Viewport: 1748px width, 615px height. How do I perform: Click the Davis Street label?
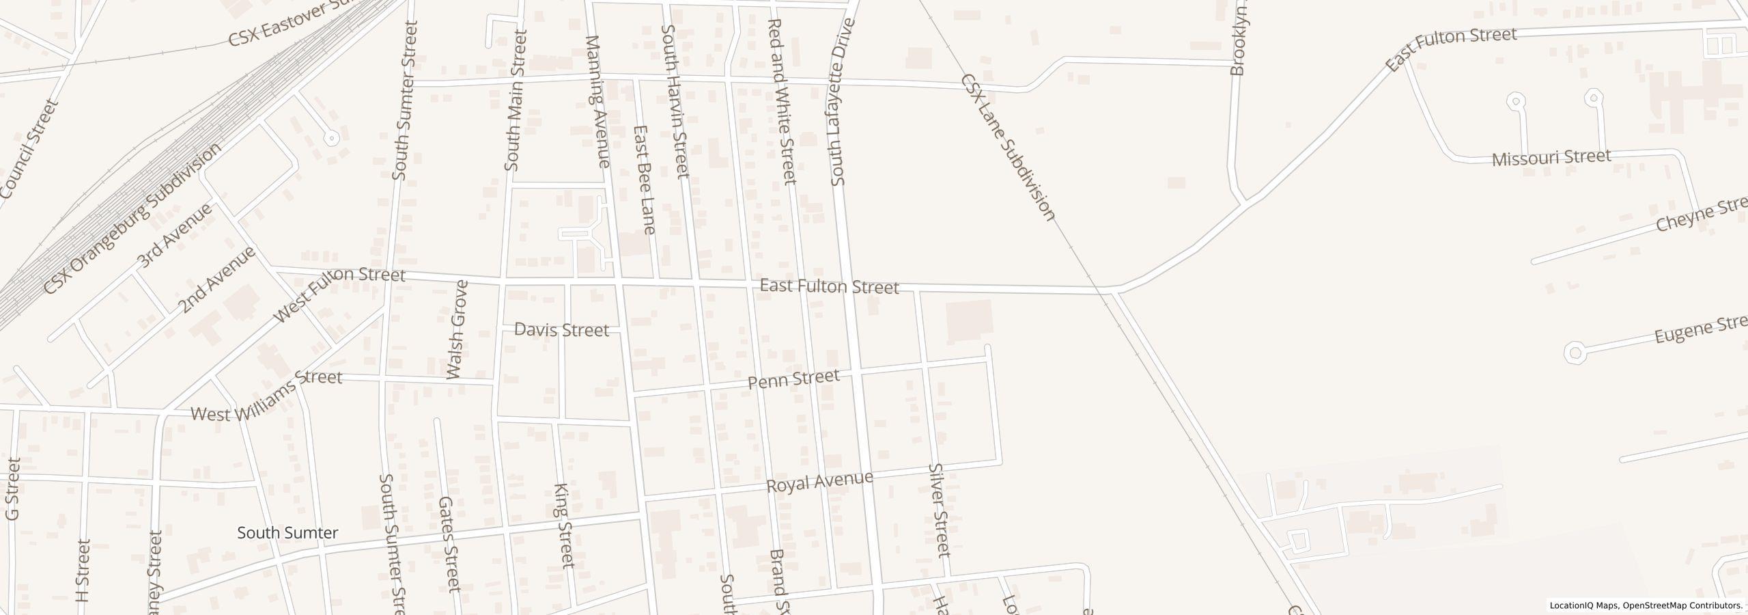tap(561, 331)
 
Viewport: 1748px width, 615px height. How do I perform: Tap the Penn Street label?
tap(793, 379)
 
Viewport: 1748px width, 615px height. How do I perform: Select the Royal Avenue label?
tap(819, 482)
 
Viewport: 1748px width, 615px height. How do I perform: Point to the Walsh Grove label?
tap(457, 329)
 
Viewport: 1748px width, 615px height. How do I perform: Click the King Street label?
tap(564, 526)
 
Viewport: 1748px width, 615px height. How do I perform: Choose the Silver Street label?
tap(940, 510)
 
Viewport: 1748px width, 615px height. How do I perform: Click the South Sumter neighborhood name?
tap(287, 533)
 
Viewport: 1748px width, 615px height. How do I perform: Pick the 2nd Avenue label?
tap(217, 279)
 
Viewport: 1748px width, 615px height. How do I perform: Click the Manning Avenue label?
tap(597, 102)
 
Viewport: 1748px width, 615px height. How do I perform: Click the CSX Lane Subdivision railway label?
tap(1008, 148)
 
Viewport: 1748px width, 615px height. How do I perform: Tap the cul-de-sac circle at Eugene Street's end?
tap(1574, 353)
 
